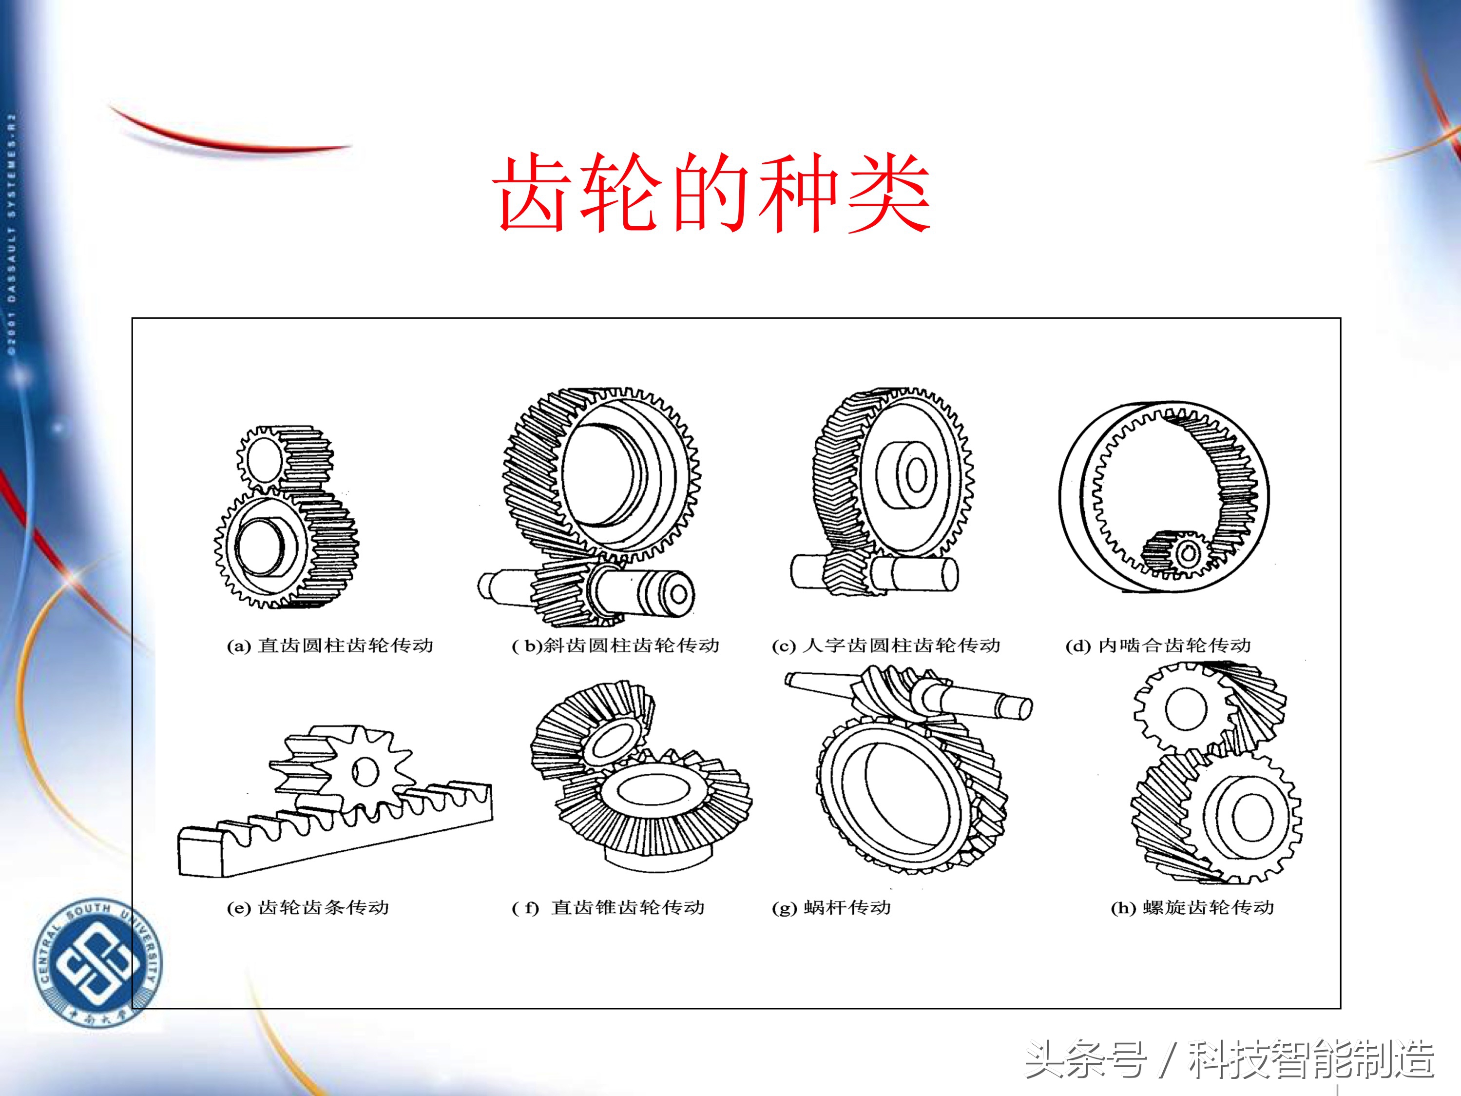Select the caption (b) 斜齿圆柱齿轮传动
(615, 646)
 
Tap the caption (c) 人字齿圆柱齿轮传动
(886, 646)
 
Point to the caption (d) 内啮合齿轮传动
(1158, 646)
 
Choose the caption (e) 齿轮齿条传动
(308, 908)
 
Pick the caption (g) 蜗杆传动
(831, 908)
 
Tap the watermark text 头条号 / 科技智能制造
(1229, 1059)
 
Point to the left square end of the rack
(201, 854)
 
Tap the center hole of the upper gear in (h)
(1186, 709)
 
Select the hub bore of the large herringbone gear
(917, 474)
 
